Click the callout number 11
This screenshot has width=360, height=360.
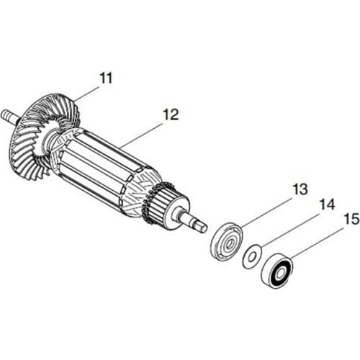(x=106, y=78)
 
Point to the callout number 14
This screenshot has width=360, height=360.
(x=326, y=204)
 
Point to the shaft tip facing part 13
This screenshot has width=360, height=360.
(x=200, y=227)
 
